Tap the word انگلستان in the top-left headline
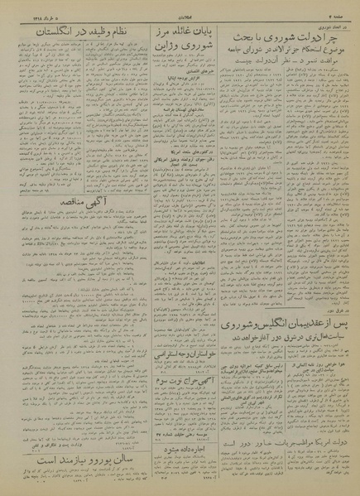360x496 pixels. tap(38, 31)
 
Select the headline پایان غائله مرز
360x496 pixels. tap(175, 32)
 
